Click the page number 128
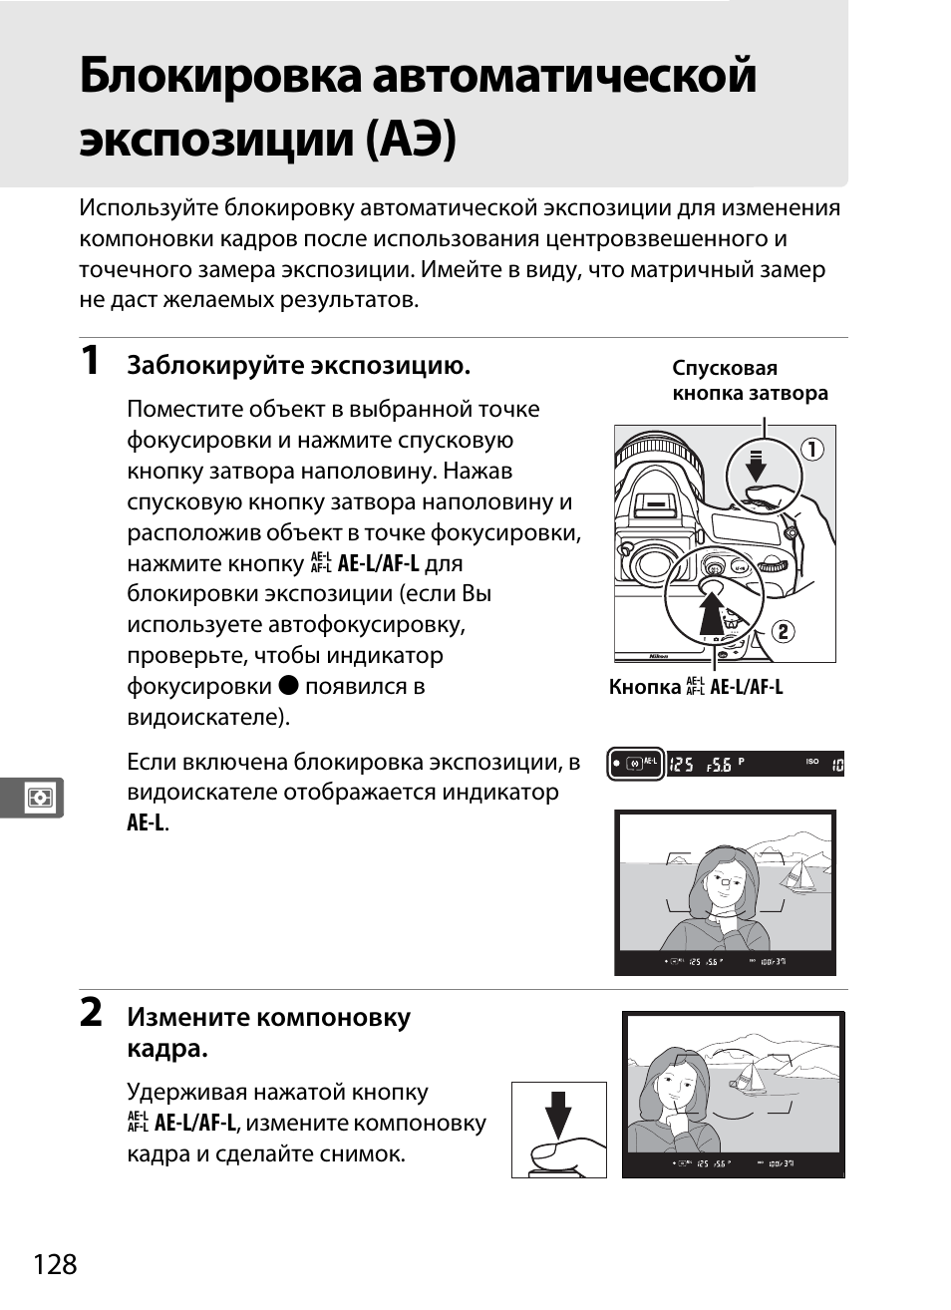point(55,1264)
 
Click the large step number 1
point(91,361)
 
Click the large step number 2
point(91,1013)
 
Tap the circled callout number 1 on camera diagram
point(812,450)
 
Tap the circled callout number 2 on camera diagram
point(784,631)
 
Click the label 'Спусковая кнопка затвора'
point(749,381)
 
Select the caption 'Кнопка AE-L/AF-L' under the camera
point(696,687)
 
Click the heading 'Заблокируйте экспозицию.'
point(298,366)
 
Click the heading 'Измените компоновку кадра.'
point(268,1032)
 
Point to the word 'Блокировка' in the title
point(219,77)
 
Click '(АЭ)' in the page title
point(412,139)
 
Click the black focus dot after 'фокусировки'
point(288,686)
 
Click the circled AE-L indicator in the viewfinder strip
point(636,765)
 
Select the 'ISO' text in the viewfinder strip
point(812,762)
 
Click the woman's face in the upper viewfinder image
point(724,877)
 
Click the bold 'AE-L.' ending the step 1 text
point(148,823)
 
